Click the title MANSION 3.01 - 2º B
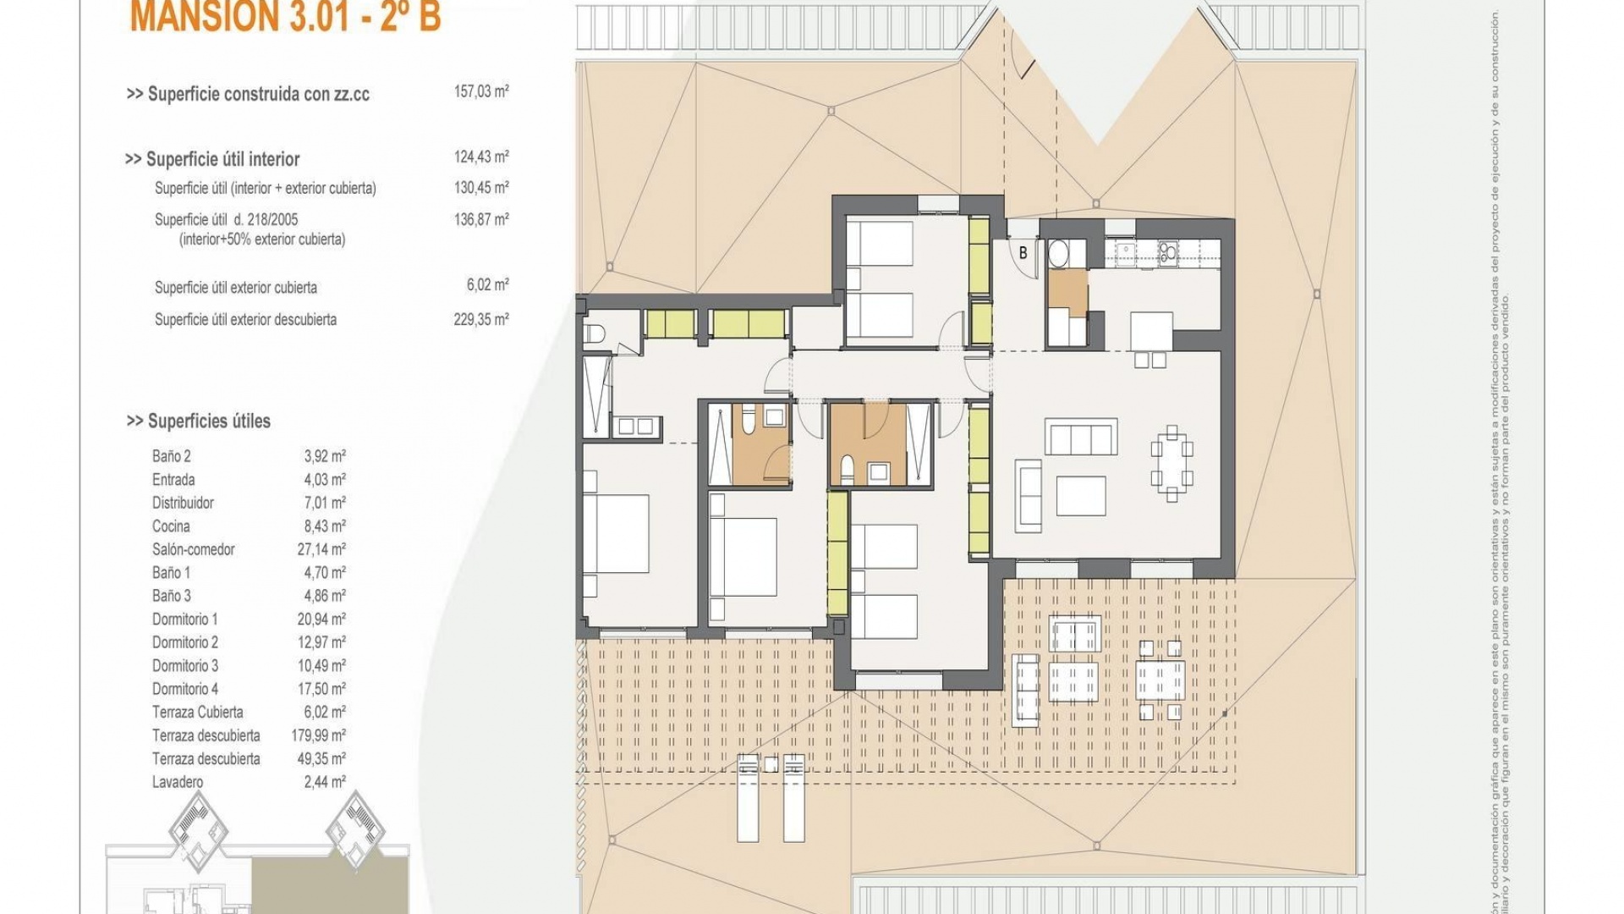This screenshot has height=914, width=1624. click(285, 17)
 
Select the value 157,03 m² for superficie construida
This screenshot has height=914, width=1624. click(480, 91)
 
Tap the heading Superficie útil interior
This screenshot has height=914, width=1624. click(222, 159)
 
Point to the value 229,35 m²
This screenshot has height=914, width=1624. click(480, 320)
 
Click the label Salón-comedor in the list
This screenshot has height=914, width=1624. click(193, 549)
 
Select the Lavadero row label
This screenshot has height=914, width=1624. click(178, 782)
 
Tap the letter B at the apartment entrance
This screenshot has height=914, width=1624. click(1023, 253)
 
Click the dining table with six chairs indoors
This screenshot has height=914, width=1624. click(1171, 464)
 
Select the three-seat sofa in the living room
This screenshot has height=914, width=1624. click(1080, 438)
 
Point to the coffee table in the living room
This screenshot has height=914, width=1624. click(1080, 496)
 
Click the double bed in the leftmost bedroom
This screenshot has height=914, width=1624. click(616, 533)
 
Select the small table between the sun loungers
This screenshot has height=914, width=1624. click(771, 764)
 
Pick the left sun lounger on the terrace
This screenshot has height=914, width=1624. click(748, 797)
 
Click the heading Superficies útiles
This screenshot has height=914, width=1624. click(208, 421)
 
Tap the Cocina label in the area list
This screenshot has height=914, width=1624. click(171, 526)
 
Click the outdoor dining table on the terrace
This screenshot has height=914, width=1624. click(1160, 680)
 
